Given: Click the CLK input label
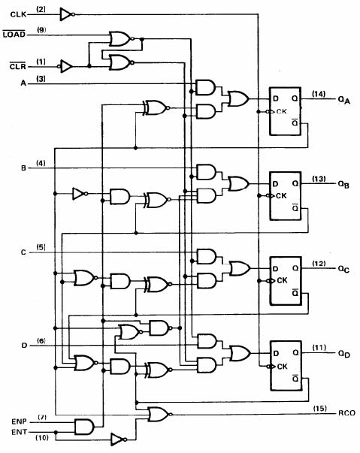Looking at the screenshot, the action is click(18, 14).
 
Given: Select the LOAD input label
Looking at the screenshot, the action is click(14, 34).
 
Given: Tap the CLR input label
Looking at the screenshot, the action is click(17, 66).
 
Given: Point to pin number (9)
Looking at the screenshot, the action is click(41, 30).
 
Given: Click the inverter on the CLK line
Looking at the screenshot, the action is click(67, 14).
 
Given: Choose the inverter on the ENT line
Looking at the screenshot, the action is click(119, 439).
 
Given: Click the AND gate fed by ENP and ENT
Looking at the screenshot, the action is click(84, 427).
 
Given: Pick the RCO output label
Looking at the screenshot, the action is click(346, 413).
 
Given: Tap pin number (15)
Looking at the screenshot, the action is click(320, 408).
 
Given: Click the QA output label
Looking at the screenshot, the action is click(343, 100).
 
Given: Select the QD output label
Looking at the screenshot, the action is click(343, 354).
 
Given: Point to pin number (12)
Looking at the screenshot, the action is click(319, 263).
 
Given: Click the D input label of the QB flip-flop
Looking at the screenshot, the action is click(275, 184).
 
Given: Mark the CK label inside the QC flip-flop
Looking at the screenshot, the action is click(282, 280).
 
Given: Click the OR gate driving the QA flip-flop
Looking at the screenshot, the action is click(238, 98).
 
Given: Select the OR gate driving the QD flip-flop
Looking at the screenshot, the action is click(240, 353).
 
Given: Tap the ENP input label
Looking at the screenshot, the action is click(19, 421).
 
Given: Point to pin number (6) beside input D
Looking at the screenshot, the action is click(41, 341).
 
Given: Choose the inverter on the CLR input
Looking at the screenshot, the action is click(65, 66).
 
